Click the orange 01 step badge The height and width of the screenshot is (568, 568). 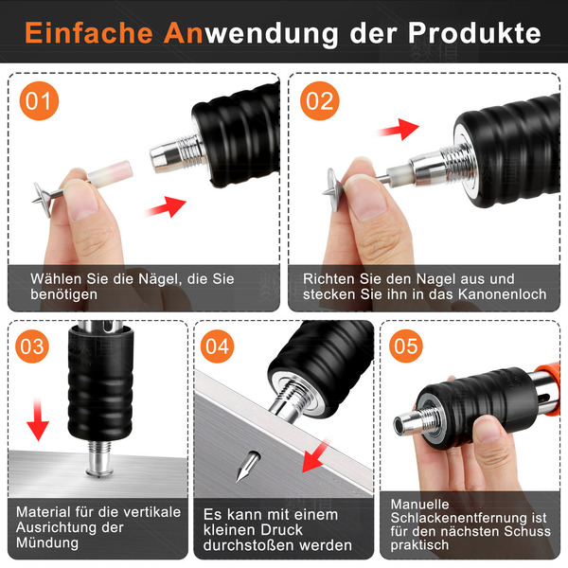39,100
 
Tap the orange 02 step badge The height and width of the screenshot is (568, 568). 320,100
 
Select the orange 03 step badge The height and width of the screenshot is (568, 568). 32,346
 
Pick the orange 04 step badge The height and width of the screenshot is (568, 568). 218,346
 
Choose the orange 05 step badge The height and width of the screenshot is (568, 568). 406,346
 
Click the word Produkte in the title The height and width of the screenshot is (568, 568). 474,33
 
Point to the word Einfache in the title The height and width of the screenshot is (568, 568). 89,32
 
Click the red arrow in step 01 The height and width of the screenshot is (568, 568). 166,206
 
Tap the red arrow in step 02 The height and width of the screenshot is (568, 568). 399,130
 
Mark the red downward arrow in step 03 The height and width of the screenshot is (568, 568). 38,419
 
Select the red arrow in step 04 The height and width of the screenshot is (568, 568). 314,455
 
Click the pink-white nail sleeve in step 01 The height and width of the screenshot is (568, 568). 110,173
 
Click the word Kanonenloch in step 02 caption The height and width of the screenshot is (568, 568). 502,294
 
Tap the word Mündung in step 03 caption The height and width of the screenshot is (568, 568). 47,542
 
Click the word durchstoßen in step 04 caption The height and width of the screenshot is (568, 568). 247,545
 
